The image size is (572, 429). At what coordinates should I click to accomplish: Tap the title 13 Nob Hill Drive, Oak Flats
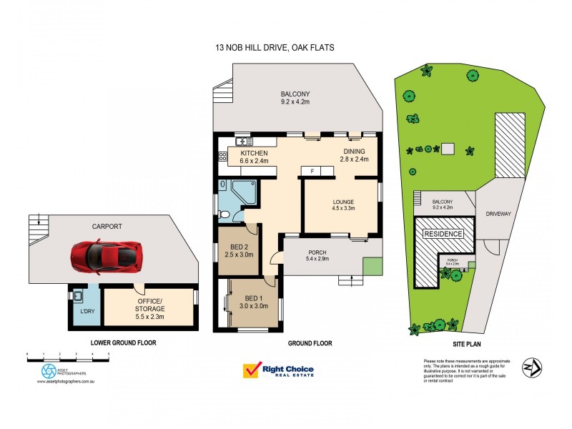click(x=275, y=48)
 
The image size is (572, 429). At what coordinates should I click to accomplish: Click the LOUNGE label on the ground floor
click(x=341, y=202)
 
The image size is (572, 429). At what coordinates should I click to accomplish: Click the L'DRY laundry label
click(x=86, y=311)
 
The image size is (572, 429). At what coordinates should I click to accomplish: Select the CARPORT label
click(x=107, y=226)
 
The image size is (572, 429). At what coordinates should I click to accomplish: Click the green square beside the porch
click(x=372, y=265)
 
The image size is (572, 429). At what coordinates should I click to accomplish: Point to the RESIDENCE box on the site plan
click(x=444, y=234)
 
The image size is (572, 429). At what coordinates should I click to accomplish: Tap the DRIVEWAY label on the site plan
click(x=500, y=213)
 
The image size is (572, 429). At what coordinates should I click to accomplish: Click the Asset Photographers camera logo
click(x=49, y=370)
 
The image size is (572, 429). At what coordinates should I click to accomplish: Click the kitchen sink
click(x=242, y=141)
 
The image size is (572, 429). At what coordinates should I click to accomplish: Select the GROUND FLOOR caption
click(x=310, y=343)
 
